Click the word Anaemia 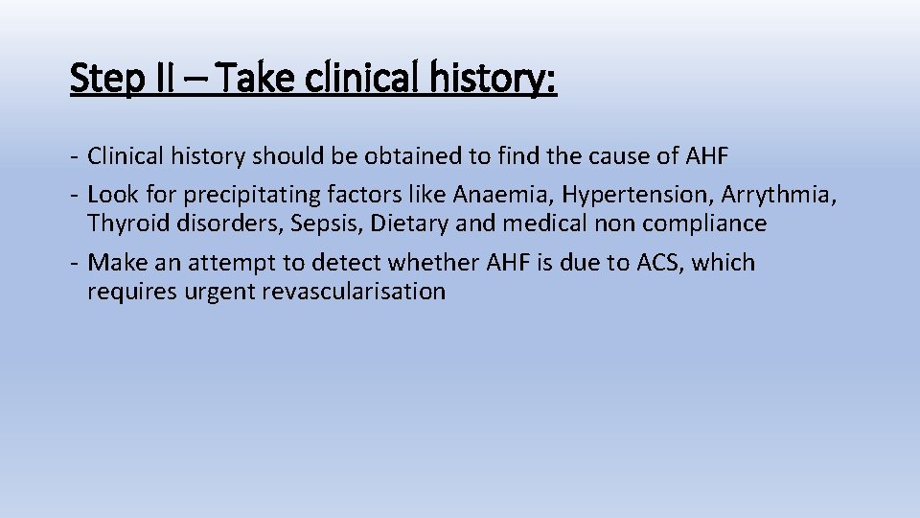[x=502, y=195]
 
